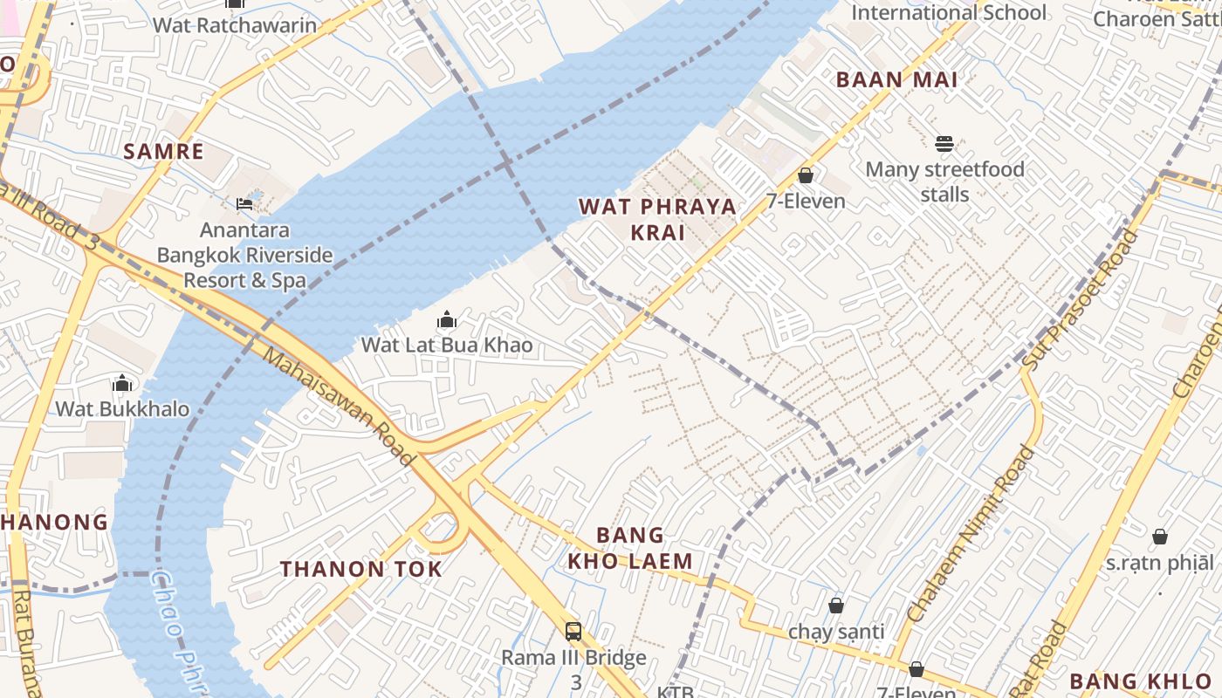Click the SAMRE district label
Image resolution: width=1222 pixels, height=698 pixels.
pos(163,152)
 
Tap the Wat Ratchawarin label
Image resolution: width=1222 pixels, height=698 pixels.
pos(235,24)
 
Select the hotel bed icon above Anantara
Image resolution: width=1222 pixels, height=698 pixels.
pos(244,204)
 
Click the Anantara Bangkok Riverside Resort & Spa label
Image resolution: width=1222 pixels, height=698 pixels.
pos(244,256)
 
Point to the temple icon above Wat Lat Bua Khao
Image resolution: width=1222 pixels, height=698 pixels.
pos(447,320)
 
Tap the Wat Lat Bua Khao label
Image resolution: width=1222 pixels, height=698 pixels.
pos(447,345)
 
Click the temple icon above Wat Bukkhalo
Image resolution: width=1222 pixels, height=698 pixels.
pos(122,383)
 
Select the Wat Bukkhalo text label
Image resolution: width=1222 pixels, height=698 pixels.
pos(122,408)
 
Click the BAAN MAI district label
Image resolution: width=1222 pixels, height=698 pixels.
pos(896,79)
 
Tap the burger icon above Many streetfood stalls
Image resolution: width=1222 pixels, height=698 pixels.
pos(944,144)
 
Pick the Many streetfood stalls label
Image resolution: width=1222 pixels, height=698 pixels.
pos(944,181)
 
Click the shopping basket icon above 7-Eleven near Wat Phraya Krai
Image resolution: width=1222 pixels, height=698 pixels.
pos(806,176)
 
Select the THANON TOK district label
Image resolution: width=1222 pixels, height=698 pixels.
pos(361,570)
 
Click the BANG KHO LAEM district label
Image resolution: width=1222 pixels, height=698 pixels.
pos(630,548)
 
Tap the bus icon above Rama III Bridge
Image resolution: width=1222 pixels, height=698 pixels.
pos(573,632)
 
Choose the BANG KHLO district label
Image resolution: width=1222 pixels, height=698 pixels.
pos(1141,681)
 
